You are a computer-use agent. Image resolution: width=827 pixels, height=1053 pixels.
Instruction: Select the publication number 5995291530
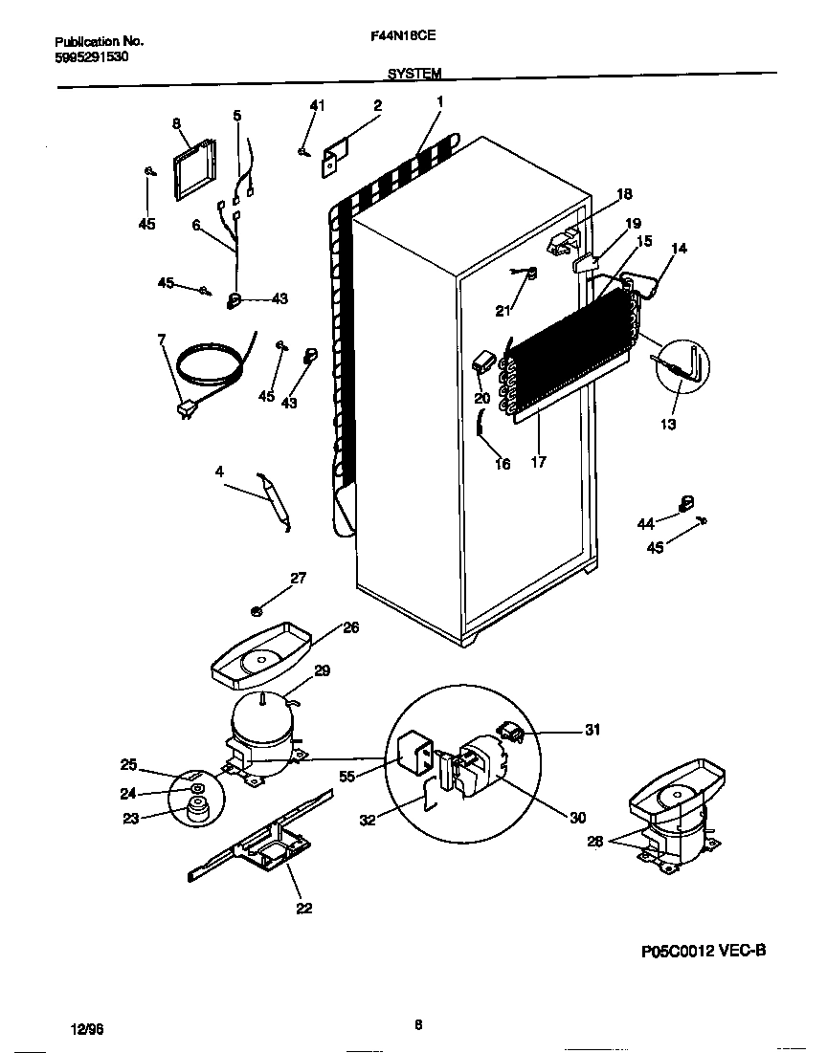(x=92, y=57)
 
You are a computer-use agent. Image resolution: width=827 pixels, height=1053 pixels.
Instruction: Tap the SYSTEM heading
(x=414, y=74)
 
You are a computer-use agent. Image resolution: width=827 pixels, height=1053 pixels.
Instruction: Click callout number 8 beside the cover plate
(x=176, y=123)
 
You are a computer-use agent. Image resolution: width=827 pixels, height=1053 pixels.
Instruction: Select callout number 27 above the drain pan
(x=299, y=578)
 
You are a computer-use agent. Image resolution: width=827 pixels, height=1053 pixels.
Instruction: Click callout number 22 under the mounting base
(x=303, y=908)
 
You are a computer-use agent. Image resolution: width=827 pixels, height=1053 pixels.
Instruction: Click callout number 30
(x=577, y=817)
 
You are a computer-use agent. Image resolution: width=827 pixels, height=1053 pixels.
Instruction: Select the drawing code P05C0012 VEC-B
(x=704, y=952)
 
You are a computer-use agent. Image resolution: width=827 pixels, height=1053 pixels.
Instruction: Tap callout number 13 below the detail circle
(x=668, y=424)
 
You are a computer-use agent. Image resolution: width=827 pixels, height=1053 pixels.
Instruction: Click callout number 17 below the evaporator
(x=538, y=461)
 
